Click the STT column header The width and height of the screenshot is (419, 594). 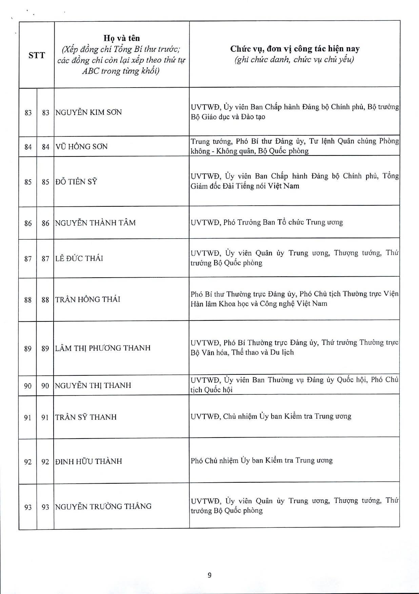coord(37,55)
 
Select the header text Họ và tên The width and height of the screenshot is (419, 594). coord(121,38)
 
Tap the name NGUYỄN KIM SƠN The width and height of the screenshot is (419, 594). coord(88,112)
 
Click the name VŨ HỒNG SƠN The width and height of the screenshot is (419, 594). coord(81,147)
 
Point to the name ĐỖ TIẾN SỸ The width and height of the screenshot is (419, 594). coord(76,182)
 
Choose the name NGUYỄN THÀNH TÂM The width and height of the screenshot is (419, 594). coord(95,223)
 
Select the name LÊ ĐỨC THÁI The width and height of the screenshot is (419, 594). coord(79,258)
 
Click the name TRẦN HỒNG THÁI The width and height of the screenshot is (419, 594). coord(87,299)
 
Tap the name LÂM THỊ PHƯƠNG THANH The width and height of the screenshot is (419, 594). coord(103,348)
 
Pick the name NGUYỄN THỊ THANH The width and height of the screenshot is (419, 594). coord(93,386)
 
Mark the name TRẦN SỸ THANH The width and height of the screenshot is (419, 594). coord(86,417)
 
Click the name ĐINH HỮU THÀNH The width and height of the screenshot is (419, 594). coord(88,461)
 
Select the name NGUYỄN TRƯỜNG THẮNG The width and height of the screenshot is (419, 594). coord(103,506)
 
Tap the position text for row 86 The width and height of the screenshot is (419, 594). coord(266,222)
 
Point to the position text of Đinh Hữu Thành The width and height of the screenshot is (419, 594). coord(261,461)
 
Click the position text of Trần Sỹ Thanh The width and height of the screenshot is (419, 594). coord(271,416)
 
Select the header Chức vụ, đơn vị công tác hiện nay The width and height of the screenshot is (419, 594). coord(295,49)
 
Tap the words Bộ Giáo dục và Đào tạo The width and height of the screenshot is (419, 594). coord(228,117)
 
